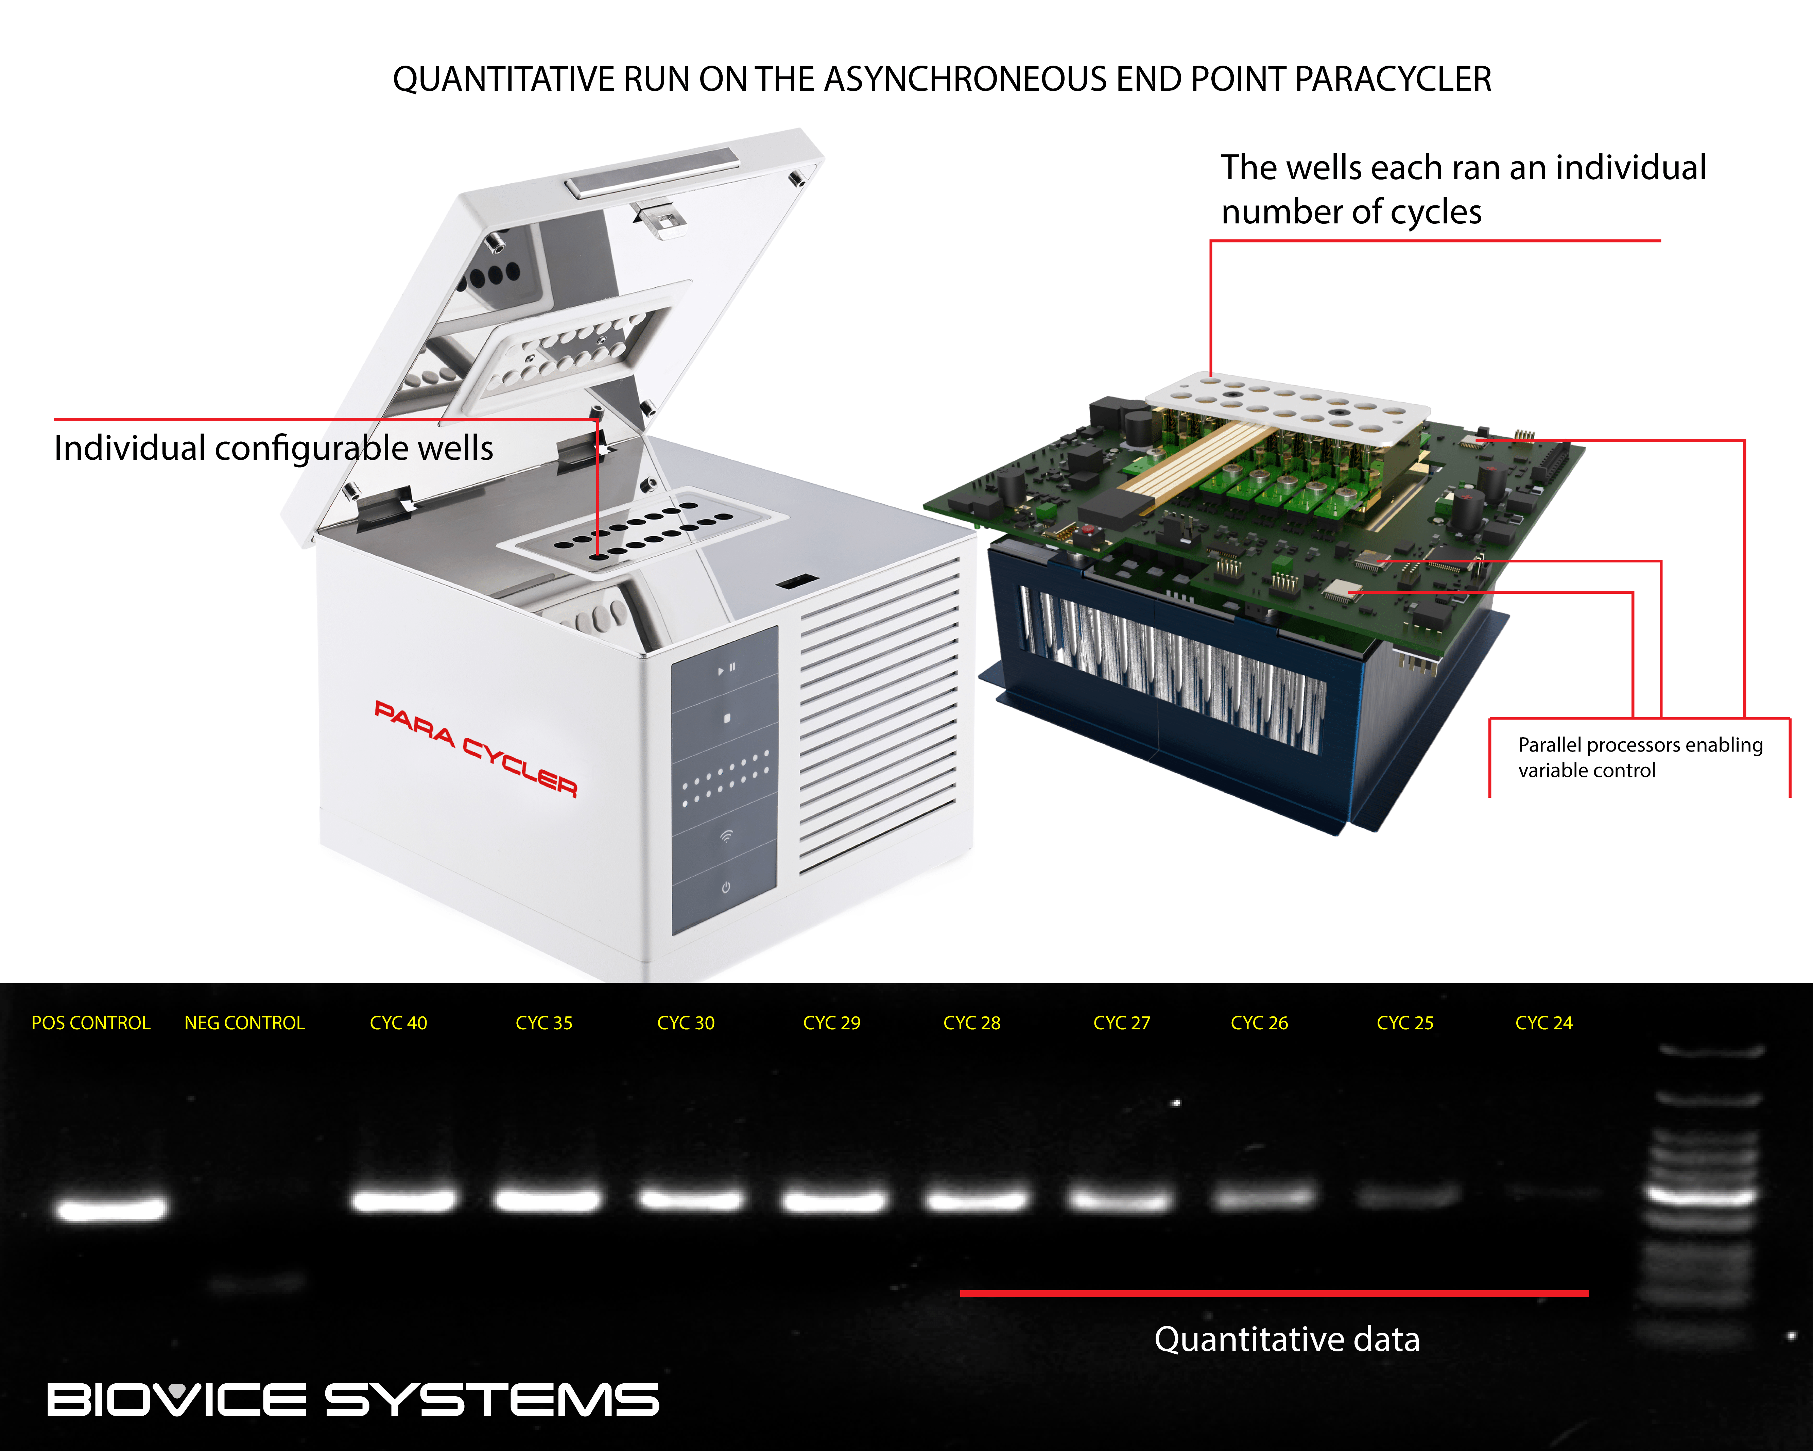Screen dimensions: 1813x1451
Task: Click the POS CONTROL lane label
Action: [x=91, y=1023]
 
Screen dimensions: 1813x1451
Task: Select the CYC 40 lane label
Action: [x=399, y=1023]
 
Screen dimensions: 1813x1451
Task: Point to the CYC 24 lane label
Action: [x=1544, y=1023]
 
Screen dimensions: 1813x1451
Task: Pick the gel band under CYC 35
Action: [x=548, y=1199]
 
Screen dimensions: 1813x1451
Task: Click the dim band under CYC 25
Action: [x=1407, y=1195]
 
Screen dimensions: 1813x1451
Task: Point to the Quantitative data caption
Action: [x=1287, y=1339]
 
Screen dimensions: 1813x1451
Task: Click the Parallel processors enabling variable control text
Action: [x=1640, y=757]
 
